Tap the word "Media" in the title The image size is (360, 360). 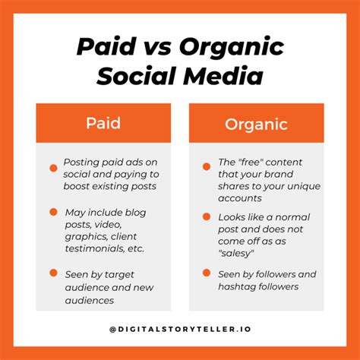(223, 76)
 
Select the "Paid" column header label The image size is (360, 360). (103, 123)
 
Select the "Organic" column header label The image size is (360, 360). (256, 125)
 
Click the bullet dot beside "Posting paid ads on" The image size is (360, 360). (53, 168)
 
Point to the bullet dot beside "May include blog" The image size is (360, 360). (53, 212)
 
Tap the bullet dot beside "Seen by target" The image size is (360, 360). (53, 273)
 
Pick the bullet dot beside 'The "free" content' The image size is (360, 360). (207, 166)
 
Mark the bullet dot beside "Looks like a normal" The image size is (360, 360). (207, 216)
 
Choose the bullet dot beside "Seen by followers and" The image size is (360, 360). (207, 273)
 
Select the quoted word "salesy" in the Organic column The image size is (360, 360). (236, 253)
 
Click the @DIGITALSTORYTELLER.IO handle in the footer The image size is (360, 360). (180, 329)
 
